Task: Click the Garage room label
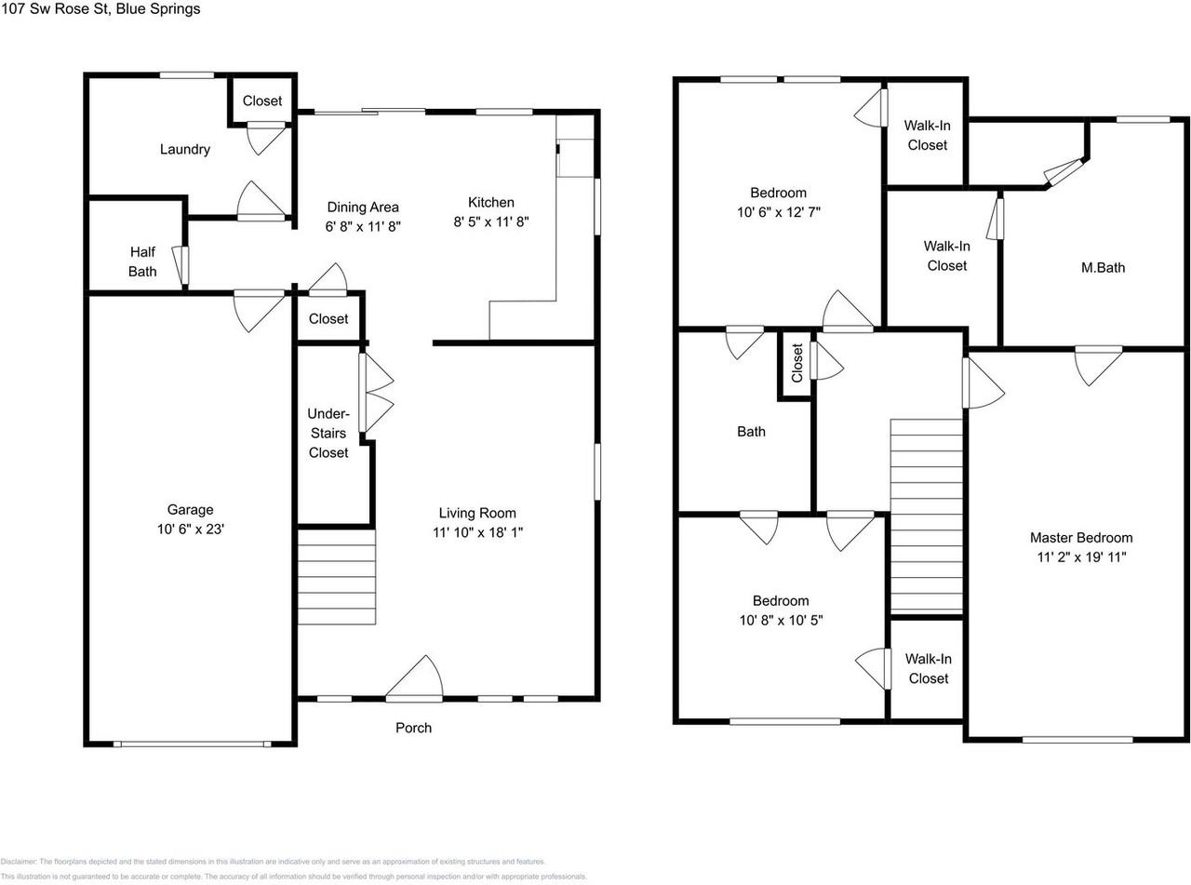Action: coord(190,509)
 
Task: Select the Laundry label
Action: coord(184,149)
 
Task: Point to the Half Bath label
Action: coord(142,261)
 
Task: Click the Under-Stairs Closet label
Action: coord(328,433)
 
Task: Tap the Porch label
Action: coord(413,728)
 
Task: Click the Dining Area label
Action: coord(363,207)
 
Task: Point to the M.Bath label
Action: coord(1103,268)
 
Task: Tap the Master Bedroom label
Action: coord(1080,538)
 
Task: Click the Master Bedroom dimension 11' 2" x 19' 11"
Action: coord(1080,557)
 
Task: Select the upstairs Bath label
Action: coord(751,432)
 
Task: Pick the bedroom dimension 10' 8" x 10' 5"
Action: coord(780,620)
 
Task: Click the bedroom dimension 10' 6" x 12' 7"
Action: coord(780,211)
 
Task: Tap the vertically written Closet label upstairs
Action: coord(796,364)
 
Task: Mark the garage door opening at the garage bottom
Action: coord(192,744)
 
